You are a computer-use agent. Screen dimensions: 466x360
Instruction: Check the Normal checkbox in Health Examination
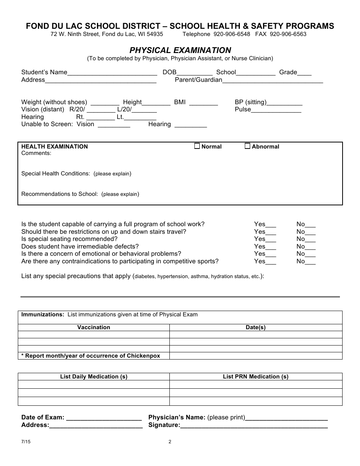197,146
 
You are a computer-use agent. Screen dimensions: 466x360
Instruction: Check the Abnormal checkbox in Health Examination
247,146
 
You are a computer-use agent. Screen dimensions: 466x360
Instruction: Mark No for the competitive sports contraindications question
310,262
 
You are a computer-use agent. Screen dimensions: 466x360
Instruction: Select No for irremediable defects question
310,247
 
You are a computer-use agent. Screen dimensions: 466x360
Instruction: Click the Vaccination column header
94,327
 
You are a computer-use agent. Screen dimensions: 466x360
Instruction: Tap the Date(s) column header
255,327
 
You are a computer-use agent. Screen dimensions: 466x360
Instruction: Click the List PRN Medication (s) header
255,377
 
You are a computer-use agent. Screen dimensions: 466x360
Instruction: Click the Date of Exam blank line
104,418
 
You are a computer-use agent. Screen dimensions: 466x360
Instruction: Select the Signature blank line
254,425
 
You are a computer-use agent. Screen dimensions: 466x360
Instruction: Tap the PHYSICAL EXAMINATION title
180,50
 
